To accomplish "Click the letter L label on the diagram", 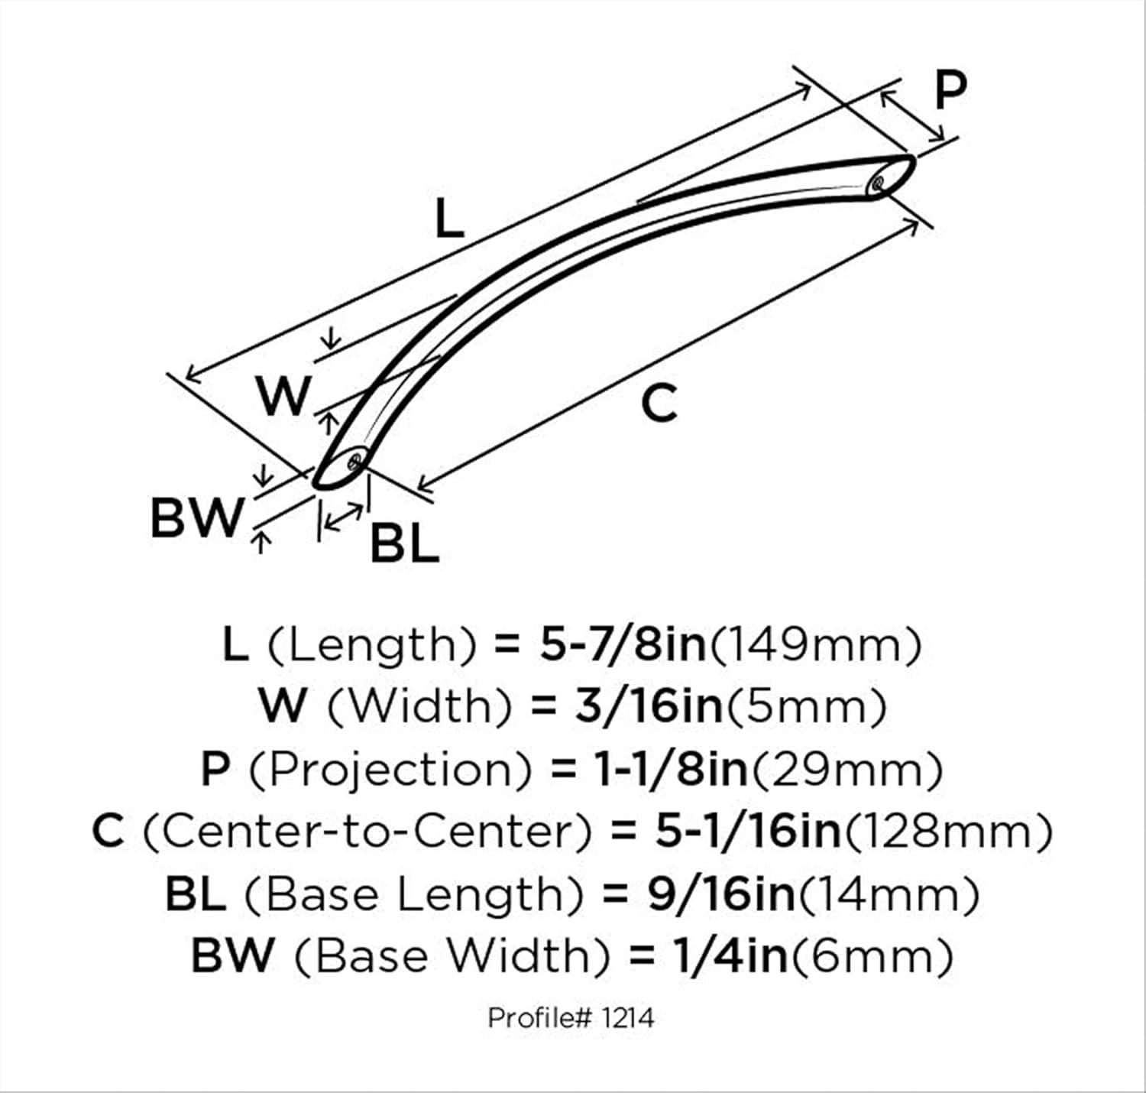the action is (449, 218).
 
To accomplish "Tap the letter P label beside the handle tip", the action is (950, 90).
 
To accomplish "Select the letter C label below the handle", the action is (659, 403).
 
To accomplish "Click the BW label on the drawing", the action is (196, 517).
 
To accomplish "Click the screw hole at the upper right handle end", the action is (876, 184).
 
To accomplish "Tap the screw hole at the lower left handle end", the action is (354, 462).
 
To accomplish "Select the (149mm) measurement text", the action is (817, 647).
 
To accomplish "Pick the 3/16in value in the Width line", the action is (649, 707).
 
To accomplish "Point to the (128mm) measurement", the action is (948, 832).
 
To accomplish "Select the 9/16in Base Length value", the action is (721, 894).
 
